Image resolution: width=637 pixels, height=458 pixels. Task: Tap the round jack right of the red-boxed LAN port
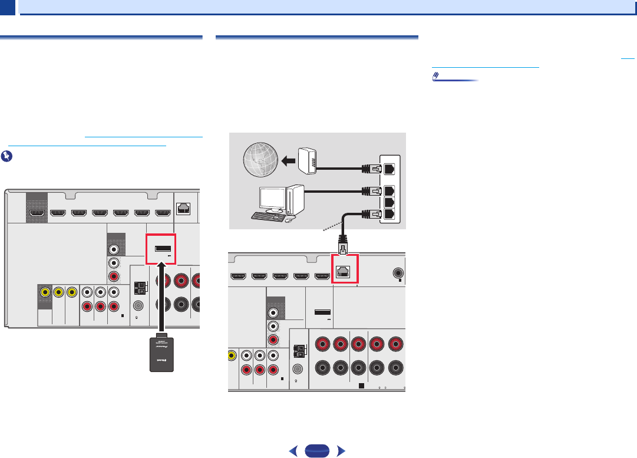pyautogui.click(x=399, y=274)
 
